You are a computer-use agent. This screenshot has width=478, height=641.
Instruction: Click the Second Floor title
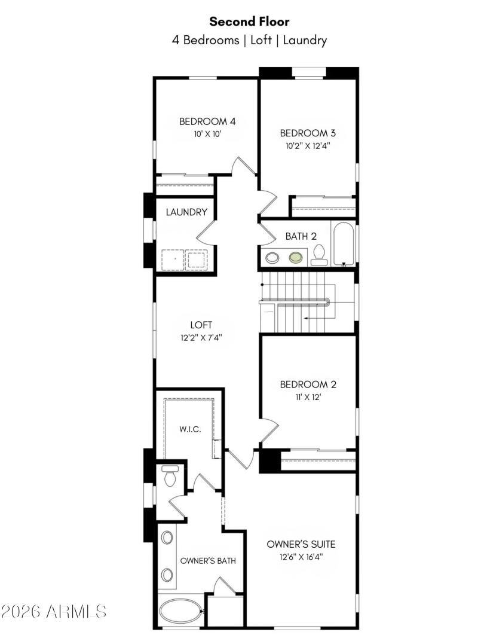[250, 22]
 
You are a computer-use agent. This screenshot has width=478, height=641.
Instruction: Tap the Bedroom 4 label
[207, 121]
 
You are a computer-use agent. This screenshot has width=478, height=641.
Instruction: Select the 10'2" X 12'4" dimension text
[304, 145]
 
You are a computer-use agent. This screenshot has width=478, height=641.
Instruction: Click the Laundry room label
[186, 212]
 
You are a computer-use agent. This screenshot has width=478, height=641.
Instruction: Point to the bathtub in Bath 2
[344, 244]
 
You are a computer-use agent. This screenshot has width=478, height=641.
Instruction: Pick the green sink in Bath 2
[295, 258]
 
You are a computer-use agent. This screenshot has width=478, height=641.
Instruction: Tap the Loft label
[201, 325]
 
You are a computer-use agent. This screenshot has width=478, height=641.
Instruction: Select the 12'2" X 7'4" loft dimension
[201, 337]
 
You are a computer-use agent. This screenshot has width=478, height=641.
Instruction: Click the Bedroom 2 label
[304, 384]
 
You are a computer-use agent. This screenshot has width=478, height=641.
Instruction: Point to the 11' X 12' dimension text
[304, 397]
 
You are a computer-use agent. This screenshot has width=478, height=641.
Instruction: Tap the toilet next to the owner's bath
[169, 476]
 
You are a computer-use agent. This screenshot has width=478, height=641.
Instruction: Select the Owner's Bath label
[208, 561]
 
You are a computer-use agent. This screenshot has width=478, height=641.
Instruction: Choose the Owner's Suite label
[301, 544]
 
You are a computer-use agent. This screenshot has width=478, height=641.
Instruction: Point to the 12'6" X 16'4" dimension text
[301, 557]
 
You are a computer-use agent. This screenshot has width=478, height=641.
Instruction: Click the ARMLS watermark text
[54, 612]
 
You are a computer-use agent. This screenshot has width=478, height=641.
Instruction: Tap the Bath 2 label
[301, 236]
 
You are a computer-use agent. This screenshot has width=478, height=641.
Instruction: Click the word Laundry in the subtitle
[305, 41]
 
